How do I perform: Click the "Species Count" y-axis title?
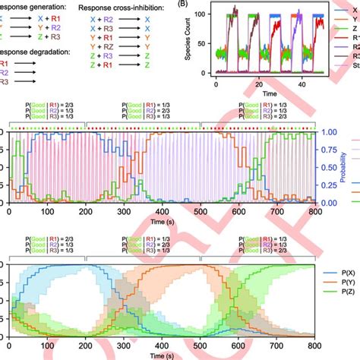[193, 43]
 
